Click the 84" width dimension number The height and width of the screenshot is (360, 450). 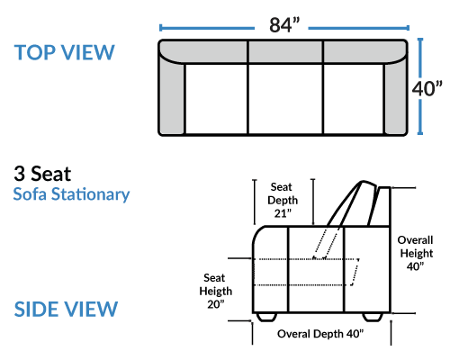point(284,25)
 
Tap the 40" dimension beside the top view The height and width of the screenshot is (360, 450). point(427,88)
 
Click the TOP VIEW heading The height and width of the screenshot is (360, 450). point(65,52)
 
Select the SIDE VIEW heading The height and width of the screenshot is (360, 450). point(66,309)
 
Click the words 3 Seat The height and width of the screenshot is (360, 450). point(42,174)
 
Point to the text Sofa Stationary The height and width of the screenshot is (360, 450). point(71,194)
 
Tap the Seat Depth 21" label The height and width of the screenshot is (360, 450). point(283,200)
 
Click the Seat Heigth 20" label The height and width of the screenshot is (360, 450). point(215,291)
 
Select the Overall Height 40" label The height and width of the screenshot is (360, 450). point(416,253)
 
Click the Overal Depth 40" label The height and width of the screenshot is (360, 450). point(320,334)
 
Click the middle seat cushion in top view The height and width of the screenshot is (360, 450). point(285,99)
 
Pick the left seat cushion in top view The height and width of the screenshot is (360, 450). point(216,99)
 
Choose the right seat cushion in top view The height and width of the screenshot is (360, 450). point(354,99)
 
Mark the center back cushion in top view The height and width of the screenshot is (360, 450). point(285,51)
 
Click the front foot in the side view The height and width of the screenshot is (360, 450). point(266,317)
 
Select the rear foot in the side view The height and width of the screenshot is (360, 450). point(373,317)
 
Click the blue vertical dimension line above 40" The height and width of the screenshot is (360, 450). point(420,58)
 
